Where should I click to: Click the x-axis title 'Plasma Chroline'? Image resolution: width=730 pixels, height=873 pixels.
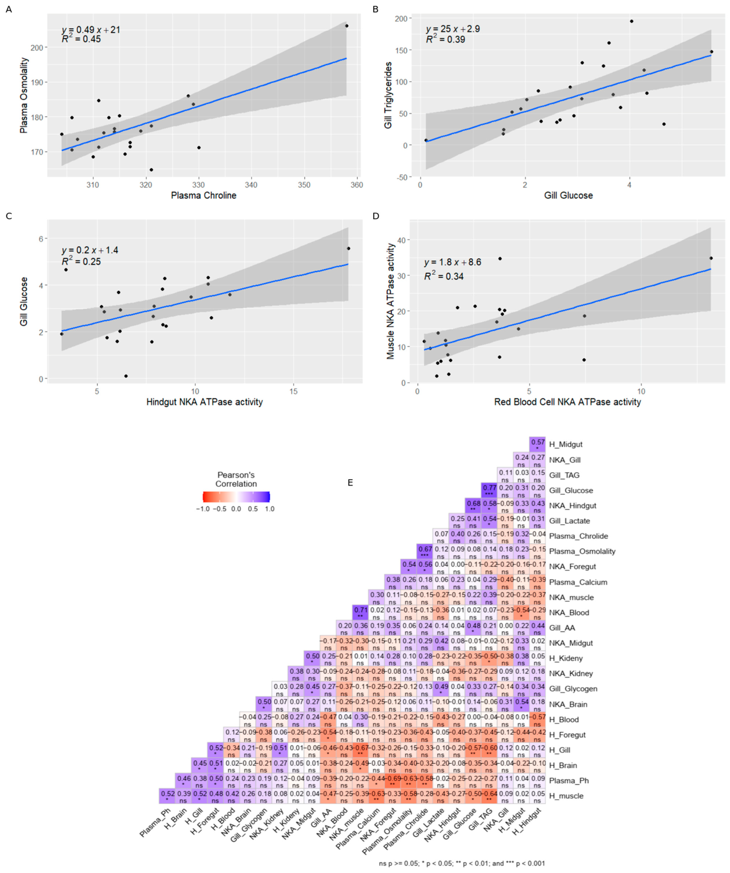tap(204, 195)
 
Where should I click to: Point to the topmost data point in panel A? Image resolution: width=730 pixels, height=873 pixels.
tap(347, 26)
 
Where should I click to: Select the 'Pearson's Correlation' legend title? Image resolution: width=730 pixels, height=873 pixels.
tap(236, 479)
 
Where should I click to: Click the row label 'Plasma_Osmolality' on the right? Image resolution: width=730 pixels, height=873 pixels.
tap(582, 551)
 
